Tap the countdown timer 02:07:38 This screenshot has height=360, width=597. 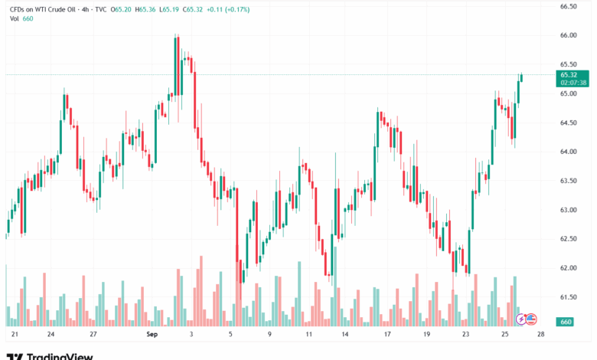coord(573,83)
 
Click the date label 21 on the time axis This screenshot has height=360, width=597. coord(15,335)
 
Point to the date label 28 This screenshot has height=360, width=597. coord(541,335)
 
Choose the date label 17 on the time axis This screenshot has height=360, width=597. coord(387,335)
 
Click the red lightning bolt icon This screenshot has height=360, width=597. coord(522,319)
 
